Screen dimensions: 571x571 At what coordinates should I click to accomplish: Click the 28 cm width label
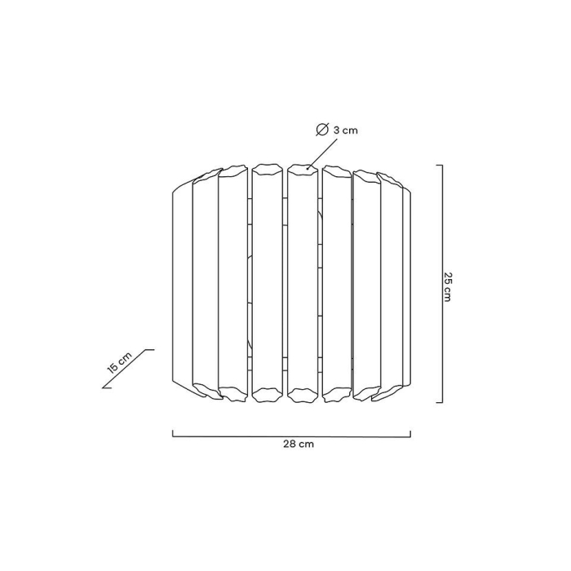(299, 445)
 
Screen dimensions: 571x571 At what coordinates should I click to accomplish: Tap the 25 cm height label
(447, 286)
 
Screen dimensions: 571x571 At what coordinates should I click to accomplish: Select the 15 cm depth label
(119, 362)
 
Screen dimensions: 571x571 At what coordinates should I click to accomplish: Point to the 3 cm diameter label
(346, 130)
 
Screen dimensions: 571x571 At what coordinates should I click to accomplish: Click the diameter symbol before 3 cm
(321, 130)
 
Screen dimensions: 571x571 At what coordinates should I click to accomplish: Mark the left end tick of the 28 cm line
(173, 433)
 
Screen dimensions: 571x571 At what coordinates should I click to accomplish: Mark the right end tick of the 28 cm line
(410, 433)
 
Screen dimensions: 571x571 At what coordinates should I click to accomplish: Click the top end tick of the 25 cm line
(440, 166)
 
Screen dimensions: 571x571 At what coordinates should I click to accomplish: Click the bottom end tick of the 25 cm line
(440, 402)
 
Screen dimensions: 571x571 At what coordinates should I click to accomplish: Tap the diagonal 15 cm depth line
(128, 369)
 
